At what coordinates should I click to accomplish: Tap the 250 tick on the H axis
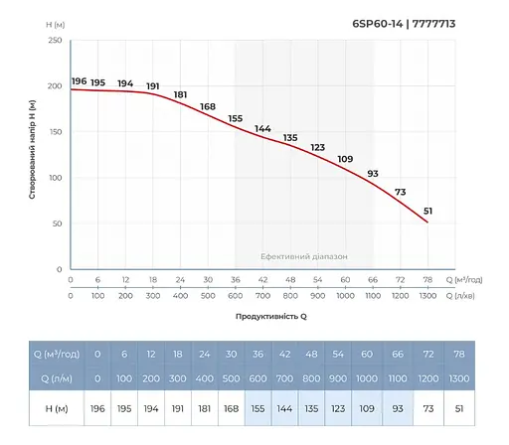[55, 41]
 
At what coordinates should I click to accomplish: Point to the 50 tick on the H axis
[57, 223]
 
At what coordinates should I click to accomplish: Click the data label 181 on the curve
[180, 94]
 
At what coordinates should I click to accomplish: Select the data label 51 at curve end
[428, 211]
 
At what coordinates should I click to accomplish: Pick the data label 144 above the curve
[262, 129]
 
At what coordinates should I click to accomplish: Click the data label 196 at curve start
[80, 80]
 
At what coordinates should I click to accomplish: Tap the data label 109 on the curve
[345, 160]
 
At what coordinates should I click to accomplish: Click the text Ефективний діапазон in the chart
[304, 255]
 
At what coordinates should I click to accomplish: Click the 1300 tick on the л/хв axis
[428, 296]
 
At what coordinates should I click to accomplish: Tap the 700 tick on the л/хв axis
[262, 296]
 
